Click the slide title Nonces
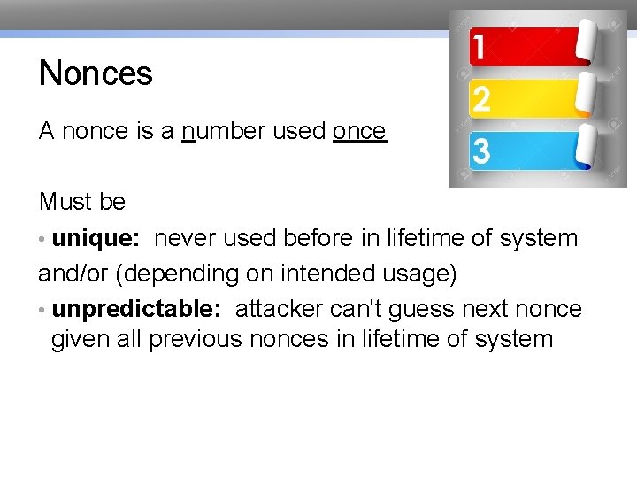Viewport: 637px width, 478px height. [x=96, y=73]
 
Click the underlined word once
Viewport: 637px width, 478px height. [x=359, y=131]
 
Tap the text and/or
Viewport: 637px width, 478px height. [x=73, y=274]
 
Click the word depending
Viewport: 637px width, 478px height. [x=177, y=274]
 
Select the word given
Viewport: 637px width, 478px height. [x=81, y=339]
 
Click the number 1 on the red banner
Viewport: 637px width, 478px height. [x=478, y=47]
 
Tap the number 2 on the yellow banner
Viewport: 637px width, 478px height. [x=480, y=99]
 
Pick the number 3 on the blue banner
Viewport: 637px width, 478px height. [x=480, y=151]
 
